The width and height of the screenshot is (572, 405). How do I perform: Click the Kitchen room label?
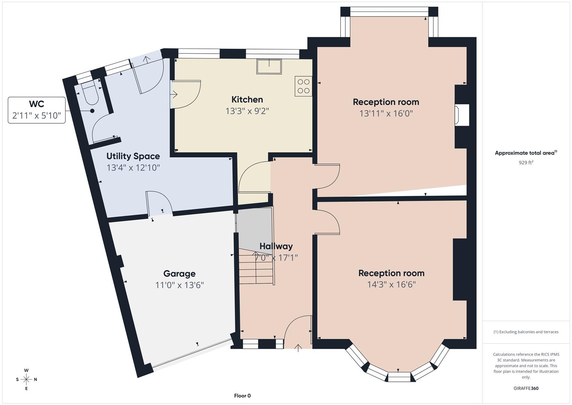(x=247, y=99)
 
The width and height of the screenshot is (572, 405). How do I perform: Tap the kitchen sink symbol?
(x=269, y=66)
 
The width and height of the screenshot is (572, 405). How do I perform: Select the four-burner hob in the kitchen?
(x=303, y=86)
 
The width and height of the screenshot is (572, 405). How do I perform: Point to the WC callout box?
(x=37, y=110)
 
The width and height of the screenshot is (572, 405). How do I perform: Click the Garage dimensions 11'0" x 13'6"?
(x=179, y=285)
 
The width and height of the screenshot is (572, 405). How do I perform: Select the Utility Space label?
(x=133, y=156)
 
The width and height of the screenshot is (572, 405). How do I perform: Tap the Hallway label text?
(x=276, y=246)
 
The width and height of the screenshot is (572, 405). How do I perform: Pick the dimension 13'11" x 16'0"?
(x=386, y=113)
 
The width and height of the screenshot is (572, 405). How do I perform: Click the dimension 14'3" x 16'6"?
(x=391, y=284)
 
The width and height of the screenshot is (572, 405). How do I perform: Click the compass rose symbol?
(x=26, y=379)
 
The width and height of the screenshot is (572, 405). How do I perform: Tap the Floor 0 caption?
(x=242, y=396)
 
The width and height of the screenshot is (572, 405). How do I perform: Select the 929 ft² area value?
(x=526, y=162)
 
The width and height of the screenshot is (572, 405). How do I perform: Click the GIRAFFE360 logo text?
(x=526, y=388)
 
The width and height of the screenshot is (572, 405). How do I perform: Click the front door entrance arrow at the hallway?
(x=298, y=348)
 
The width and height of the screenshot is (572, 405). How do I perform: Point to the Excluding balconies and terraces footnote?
(x=526, y=332)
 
